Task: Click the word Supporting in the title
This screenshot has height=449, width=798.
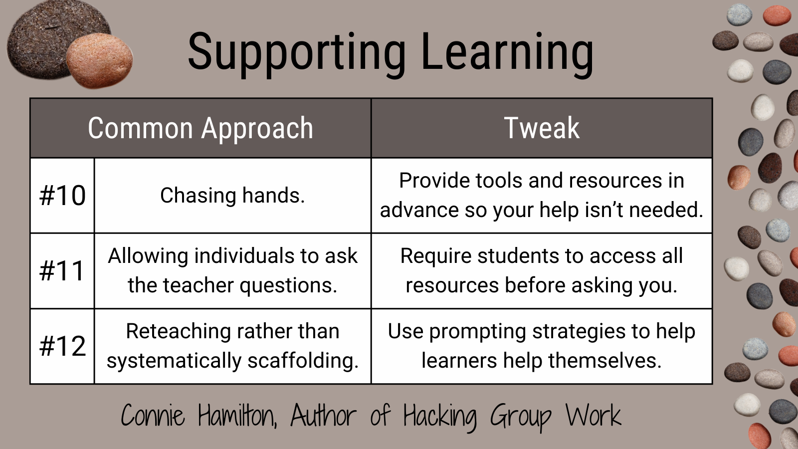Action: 297,53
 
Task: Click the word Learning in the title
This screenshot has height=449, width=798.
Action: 507,53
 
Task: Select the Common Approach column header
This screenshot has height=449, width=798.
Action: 200,128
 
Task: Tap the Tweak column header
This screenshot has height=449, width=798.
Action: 542,128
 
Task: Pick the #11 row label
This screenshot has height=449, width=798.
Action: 62,270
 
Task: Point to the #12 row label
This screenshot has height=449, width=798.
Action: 62,346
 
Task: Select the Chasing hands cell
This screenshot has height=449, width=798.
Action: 232,195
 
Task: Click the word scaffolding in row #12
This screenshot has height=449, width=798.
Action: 303,360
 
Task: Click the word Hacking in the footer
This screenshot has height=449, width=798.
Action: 440,416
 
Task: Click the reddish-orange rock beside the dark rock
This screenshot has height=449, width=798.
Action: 100,60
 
